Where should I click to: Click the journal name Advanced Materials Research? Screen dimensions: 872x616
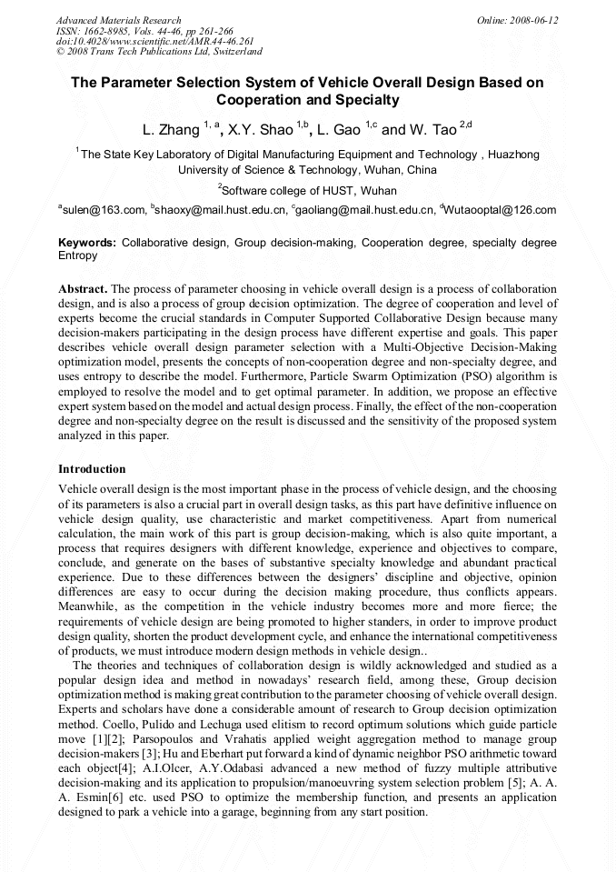pos(119,20)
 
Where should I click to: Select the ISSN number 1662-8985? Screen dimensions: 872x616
pos(117,31)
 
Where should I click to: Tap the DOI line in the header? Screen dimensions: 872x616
pos(154,41)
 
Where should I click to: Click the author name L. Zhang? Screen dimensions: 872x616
pos(172,130)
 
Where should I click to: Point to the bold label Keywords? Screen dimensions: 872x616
pos(87,244)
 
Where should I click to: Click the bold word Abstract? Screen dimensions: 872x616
pos(83,288)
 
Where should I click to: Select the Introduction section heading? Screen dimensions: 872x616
pos(92,469)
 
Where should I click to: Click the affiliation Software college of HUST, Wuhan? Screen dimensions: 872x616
pos(308,191)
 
